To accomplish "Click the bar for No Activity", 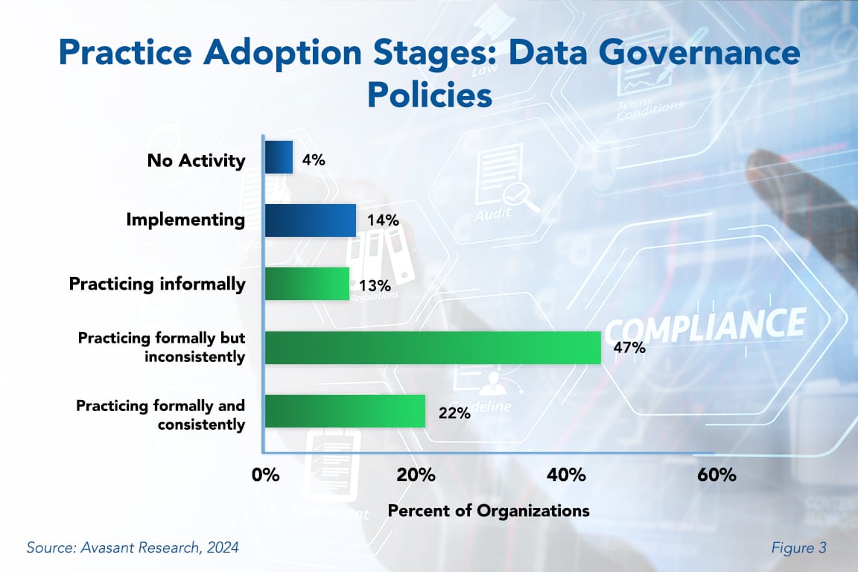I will (279, 157).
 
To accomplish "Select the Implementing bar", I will (311, 220).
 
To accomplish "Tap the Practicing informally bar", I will (307, 284).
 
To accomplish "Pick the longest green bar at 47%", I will (433, 348).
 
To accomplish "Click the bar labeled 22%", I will (345, 411).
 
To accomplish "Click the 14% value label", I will (383, 221).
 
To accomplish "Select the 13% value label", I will (375, 285).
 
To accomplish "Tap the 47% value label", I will (629, 349).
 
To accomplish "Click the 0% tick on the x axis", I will (266, 475).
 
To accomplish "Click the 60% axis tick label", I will (716, 475).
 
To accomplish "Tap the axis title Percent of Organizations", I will (489, 511).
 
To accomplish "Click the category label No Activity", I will (197, 159).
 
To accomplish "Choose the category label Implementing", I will (185, 220).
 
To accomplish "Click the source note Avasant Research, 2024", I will (133, 548).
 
